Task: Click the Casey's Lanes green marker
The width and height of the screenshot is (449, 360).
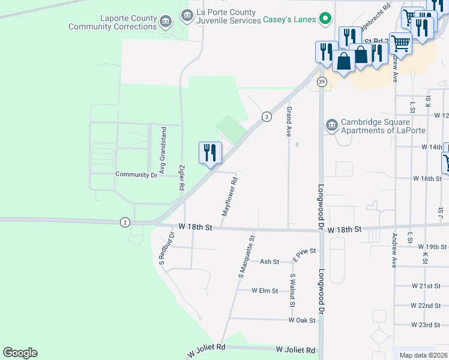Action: pyautogui.click(x=325, y=19)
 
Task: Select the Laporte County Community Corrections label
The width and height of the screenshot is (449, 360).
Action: pyautogui.click(x=112, y=23)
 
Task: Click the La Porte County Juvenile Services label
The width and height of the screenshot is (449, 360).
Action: pyautogui.click(x=226, y=16)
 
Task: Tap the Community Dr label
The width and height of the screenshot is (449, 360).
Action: pyautogui.click(x=137, y=175)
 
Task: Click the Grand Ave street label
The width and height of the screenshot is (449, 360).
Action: pyautogui.click(x=289, y=121)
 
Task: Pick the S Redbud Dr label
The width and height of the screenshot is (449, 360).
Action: pyautogui.click(x=162, y=247)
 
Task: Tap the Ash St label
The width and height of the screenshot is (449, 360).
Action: pyautogui.click(x=270, y=262)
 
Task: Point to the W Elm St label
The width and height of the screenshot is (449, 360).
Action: pyautogui.click(x=265, y=291)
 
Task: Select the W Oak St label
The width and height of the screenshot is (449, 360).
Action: pyautogui.click(x=302, y=320)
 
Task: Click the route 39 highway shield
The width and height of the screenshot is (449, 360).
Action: pyautogui.click(x=322, y=82)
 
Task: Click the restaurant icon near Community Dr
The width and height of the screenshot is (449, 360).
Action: pyautogui.click(x=210, y=152)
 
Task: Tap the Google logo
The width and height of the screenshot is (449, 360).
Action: pyautogui.click(x=20, y=353)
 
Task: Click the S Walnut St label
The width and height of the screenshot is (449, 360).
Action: pyautogui.click(x=292, y=290)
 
